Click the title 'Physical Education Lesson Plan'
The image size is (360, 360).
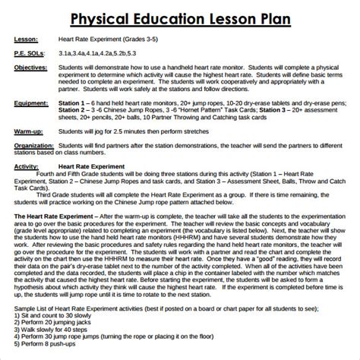tap(180, 17)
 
